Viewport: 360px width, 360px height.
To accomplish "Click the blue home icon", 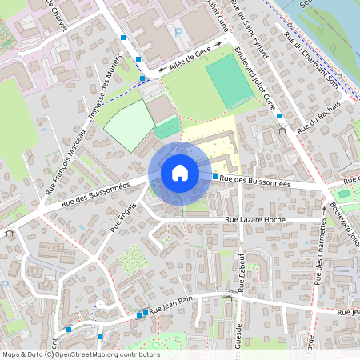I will tap(179, 172).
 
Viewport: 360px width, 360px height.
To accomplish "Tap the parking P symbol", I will tap(178, 33).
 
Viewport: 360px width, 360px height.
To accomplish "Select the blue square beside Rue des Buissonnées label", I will tap(215, 176).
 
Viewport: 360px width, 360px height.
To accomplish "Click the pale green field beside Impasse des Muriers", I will tap(130, 126).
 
